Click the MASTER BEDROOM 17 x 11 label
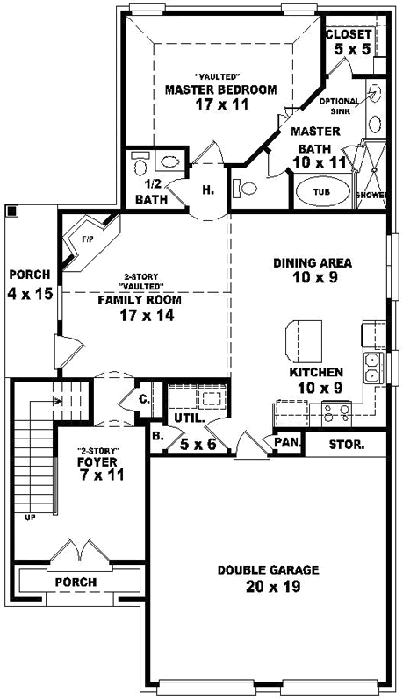(220, 96)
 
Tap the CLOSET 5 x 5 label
(349, 41)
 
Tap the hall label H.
(208, 190)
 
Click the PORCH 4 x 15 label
(31, 283)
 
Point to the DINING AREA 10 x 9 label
(313, 269)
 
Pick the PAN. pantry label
(287, 444)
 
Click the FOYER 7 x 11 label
(98, 467)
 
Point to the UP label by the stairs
(29, 517)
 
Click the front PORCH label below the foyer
(76, 582)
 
